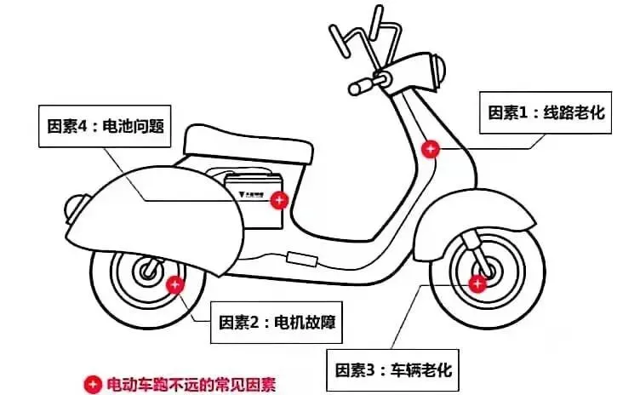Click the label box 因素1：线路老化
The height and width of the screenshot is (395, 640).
(546, 112)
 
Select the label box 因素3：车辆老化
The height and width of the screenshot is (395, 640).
(392, 369)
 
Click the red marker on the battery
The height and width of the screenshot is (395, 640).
(278, 200)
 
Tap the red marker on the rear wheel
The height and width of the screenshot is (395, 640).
(174, 284)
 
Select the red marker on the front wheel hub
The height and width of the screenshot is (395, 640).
(477, 282)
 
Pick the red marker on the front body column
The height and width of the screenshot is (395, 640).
(431, 149)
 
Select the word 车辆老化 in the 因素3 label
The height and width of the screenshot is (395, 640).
(420, 369)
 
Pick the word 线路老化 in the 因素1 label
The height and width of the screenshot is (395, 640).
(574, 112)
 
